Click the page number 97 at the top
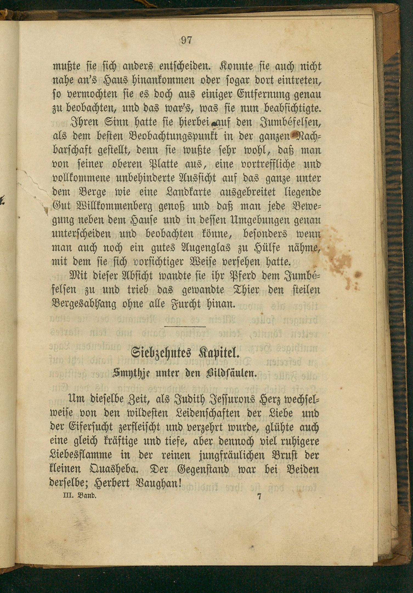tap(186, 41)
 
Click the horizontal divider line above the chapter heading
tap(185, 327)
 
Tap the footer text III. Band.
tap(79, 503)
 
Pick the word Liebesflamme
tap(81, 455)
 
